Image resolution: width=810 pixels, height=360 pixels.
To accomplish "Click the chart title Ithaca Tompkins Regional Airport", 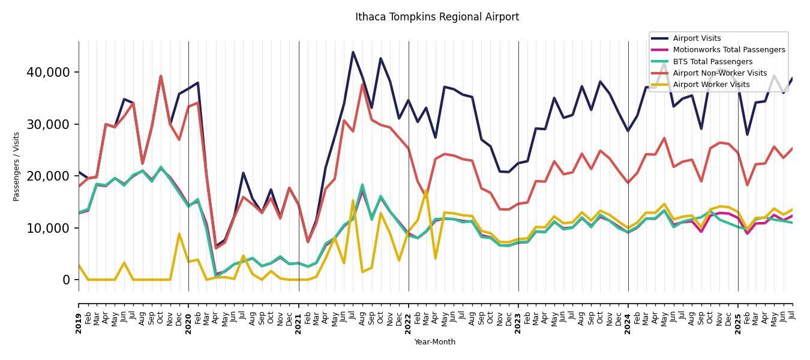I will point(437,17).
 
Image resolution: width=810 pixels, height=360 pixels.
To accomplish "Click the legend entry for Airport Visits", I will point(697,38).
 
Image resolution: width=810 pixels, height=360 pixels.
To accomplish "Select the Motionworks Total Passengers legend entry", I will point(728,50).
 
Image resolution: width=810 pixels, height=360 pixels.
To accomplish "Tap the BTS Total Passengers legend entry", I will point(712,62).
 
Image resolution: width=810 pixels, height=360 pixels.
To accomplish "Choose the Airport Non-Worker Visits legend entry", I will point(719,73).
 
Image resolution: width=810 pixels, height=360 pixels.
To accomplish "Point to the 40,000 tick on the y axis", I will point(48,73).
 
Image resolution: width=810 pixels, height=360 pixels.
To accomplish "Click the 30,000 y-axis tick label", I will point(48,124).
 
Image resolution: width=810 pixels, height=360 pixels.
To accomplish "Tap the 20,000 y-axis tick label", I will point(48,176).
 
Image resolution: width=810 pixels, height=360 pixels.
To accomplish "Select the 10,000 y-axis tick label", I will point(48,228).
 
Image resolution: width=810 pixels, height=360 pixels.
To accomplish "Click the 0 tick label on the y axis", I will point(66,280).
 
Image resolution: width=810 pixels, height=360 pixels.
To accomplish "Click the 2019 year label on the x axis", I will point(79,314).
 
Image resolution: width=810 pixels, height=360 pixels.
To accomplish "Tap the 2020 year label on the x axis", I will point(188,314).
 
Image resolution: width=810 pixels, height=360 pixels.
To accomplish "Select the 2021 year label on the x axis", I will point(299,314).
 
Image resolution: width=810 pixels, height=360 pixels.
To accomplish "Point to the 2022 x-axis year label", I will point(409,314).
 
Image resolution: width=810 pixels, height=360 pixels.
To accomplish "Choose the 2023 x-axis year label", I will point(518,314).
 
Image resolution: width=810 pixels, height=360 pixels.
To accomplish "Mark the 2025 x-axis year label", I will point(738,314).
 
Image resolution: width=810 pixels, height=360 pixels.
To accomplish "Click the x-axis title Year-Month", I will point(435,342).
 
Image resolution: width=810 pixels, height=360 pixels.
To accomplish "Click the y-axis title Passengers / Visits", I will point(17,166).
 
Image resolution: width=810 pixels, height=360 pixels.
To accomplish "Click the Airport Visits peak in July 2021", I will point(353,52).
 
